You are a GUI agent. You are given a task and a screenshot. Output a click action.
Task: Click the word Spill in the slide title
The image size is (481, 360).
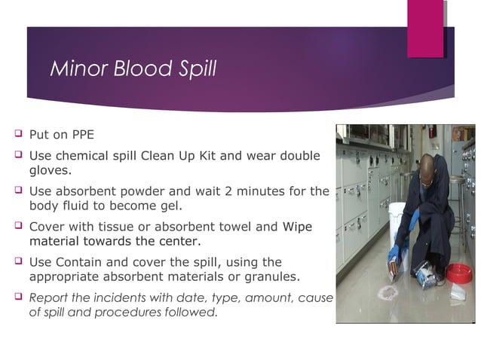(194, 69)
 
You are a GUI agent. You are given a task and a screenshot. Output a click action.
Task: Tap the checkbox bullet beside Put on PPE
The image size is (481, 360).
(17, 135)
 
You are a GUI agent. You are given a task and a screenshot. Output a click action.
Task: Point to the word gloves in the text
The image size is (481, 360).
(48, 170)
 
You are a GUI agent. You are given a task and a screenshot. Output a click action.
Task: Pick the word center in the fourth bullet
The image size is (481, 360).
(179, 241)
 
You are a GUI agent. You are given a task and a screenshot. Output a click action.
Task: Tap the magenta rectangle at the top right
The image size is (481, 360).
(425, 28)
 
